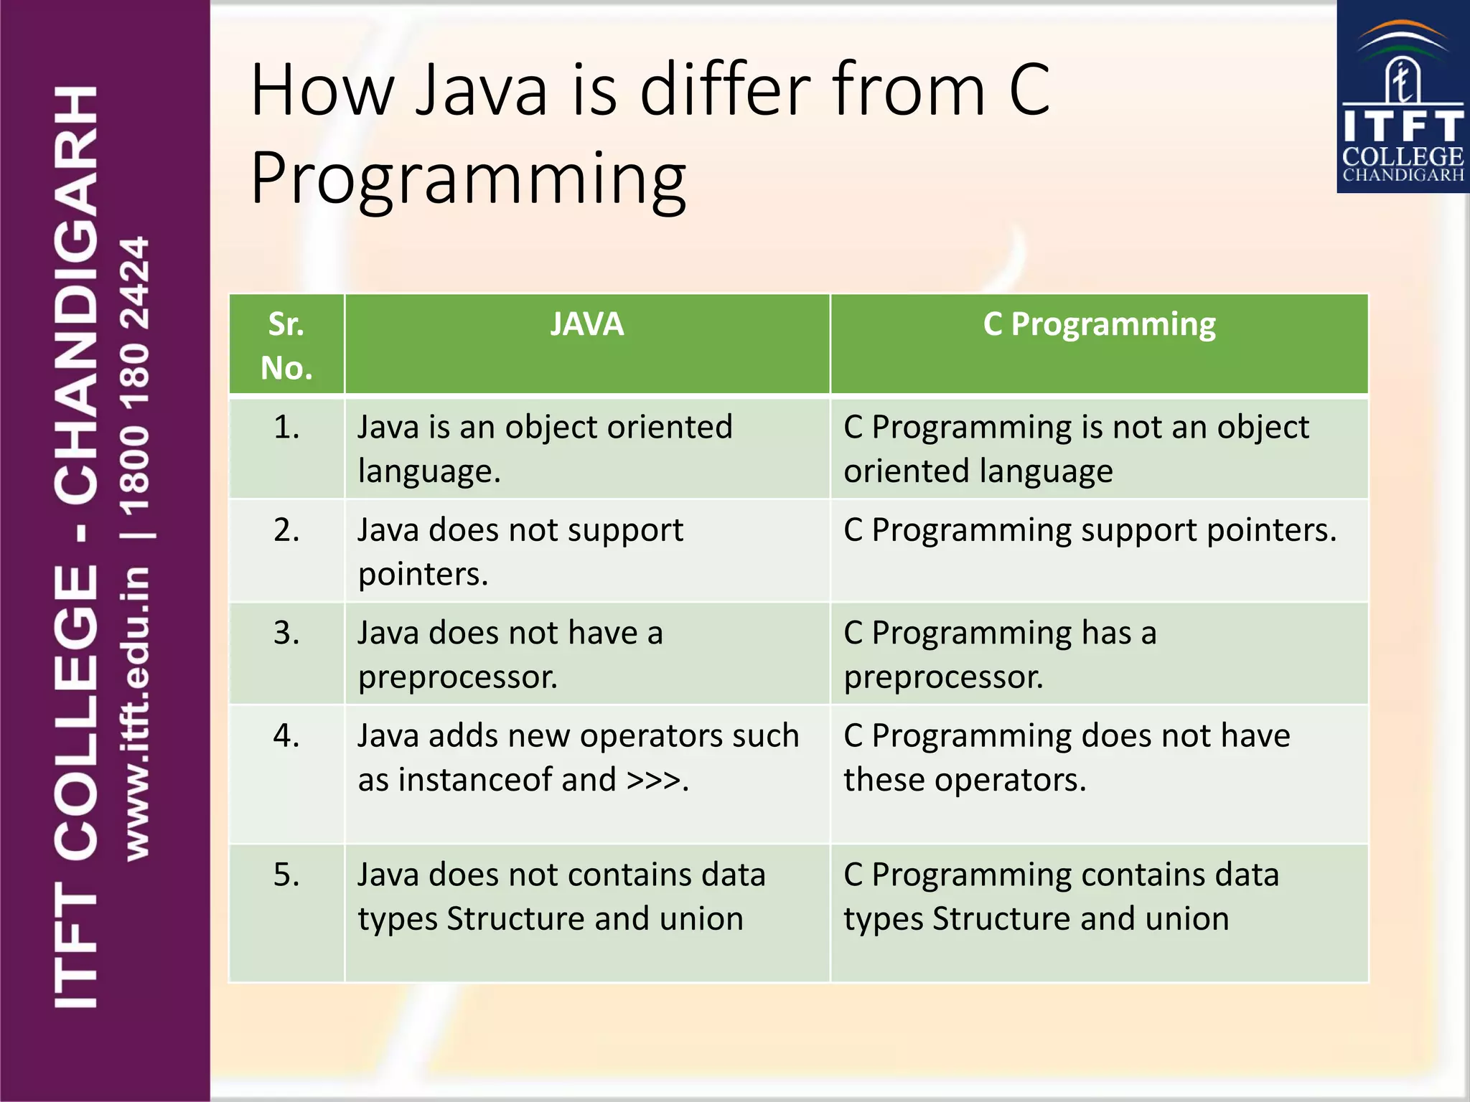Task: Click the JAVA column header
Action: coord(586,324)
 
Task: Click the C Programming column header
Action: coord(1099,324)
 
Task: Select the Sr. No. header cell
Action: coord(286,346)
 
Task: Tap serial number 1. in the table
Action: coord(286,428)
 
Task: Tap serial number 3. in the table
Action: coord(286,634)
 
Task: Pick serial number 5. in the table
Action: coord(286,875)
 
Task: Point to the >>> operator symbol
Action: coord(653,780)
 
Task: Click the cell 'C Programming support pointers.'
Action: coord(1090,531)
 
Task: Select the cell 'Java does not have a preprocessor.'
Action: coord(510,654)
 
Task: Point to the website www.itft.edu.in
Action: coord(136,713)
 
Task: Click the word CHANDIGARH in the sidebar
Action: coord(76,294)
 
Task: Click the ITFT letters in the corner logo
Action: coord(1403,126)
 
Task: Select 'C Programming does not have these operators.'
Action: coord(1067,758)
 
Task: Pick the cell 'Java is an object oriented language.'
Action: coord(545,449)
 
